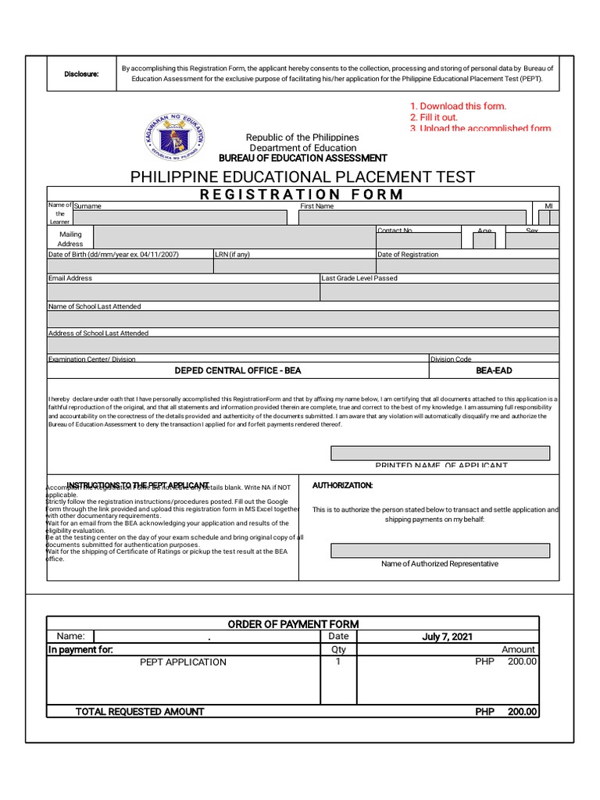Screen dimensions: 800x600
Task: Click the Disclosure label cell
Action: (x=81, y=74)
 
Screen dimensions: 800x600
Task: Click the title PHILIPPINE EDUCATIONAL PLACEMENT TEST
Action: (x=302, y=177)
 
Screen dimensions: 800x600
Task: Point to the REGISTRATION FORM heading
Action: (x=302, y=195)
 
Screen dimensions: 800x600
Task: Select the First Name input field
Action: (x=412, y=218)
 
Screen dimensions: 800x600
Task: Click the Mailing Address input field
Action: (x=234, y=238)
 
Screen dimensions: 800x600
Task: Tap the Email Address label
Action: (x=70, y=278)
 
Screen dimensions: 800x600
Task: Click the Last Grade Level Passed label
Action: (x=359, y=278)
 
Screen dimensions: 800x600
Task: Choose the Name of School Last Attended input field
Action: (x=303, y=320)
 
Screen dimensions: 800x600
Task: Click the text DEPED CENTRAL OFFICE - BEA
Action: (x=237, y=370)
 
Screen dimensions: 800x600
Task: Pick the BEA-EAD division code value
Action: (x=494, y=370)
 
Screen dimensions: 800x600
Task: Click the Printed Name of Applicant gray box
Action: (x=440, y=453)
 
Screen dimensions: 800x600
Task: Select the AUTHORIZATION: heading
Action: (x=342, y=485)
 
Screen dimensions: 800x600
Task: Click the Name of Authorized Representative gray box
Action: (x=440, y=551)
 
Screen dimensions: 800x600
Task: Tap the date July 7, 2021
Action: (x=447, y=637)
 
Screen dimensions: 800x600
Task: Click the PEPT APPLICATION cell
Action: (x=183, y=662)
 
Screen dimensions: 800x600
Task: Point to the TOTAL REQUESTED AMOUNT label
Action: (x=140, y=712)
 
